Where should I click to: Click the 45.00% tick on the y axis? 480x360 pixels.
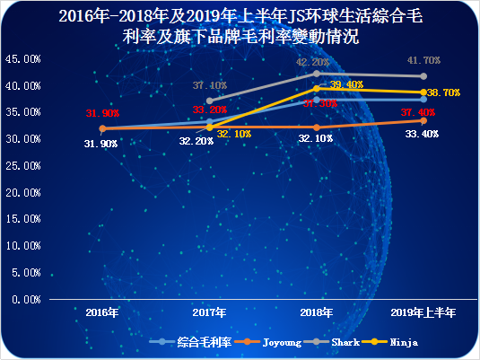pos(22,58)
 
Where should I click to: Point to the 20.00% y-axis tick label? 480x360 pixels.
pos(22,192)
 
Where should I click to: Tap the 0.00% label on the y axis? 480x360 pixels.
pos(24,299)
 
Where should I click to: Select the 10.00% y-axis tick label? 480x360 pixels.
pos(22,246)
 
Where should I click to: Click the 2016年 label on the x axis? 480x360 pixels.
pos(101,312)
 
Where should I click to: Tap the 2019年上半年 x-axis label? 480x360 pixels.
pos(424,312)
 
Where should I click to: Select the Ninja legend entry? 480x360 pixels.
pos(403,342)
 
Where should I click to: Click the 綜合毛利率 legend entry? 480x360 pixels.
pos(205,342)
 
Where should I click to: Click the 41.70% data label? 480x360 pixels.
pos(423,60)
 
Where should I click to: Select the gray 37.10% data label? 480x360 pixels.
pos(209,85)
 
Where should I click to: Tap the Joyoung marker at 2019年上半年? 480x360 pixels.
pos(424,120)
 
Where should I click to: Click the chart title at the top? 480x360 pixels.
pos(239,27)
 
